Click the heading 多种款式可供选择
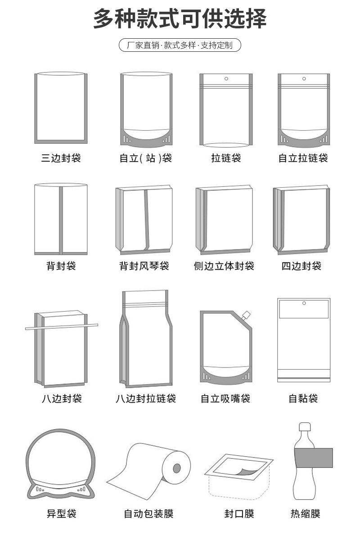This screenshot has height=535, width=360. tap(180, 19)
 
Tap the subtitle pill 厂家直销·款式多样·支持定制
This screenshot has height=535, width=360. tap(180, 45)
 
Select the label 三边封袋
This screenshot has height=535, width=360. tap(61, 158)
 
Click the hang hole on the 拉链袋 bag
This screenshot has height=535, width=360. tap(226, 79)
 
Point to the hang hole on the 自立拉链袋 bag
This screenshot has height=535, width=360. tap(304, 79)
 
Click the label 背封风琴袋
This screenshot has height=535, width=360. tap(144, 266)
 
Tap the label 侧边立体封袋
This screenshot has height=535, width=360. tap(224, 266)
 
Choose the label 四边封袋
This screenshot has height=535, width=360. tap(301, 266)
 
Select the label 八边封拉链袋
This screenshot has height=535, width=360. tap(145, 399)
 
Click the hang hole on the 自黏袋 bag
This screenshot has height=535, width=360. tap(304, 303)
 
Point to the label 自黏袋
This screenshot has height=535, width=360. tap(303, 399)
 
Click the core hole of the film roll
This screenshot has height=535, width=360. tap(177, 468)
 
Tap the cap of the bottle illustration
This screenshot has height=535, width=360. tap(305, 427)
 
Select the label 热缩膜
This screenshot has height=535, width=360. tap(305, 514)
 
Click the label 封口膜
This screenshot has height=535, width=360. tap(239, 514)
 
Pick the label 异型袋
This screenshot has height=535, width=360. tap(62, 514)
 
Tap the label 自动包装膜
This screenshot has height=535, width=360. tap(148, 514)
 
